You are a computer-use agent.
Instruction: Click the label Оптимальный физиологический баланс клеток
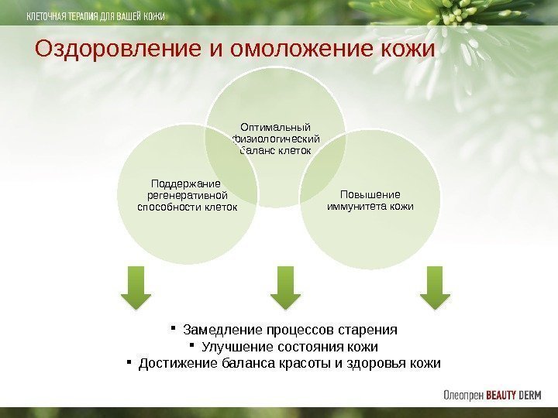tap(276, 138)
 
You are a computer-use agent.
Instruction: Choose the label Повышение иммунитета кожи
tap(370, 200)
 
